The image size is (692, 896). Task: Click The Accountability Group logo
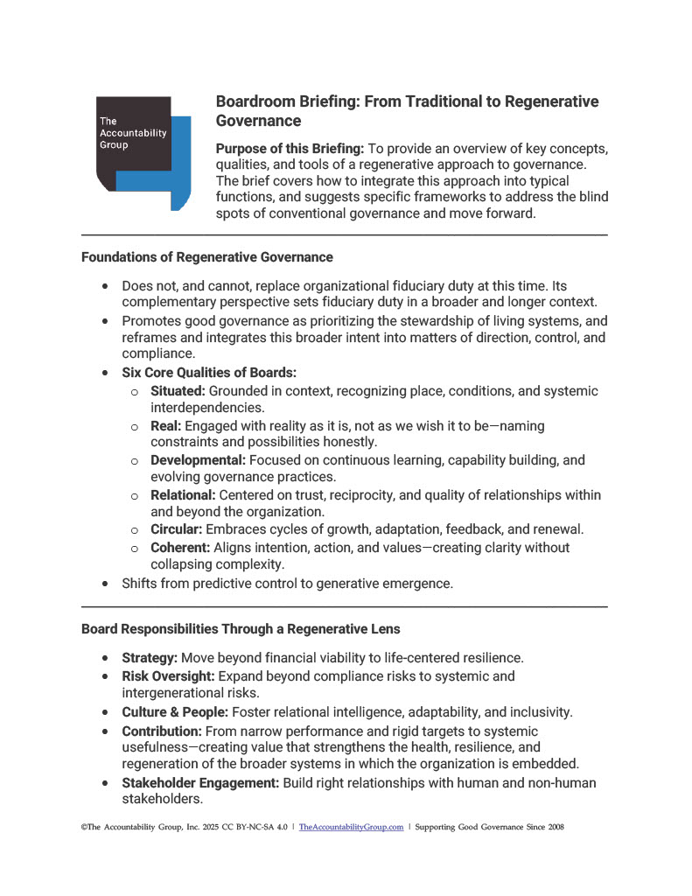[x=143, y=150]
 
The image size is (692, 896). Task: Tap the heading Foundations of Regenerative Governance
[x=206, y=257]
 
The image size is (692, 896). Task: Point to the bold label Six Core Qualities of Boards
[x=209, y=373]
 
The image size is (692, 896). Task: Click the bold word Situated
[x=178, y=391]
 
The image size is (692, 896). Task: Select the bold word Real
[x=165, y=425]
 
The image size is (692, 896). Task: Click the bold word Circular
[x=176, y=529]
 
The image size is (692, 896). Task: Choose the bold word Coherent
[x=179, y=548]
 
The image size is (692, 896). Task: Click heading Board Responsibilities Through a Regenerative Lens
[x=241, y=628]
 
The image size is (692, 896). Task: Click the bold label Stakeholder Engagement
[x=200, y=783]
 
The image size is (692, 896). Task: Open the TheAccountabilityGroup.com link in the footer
[x=351, y=826]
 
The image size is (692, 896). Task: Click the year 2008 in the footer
[x=550, y=826]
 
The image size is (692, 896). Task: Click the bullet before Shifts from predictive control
[x=106, y=583]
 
